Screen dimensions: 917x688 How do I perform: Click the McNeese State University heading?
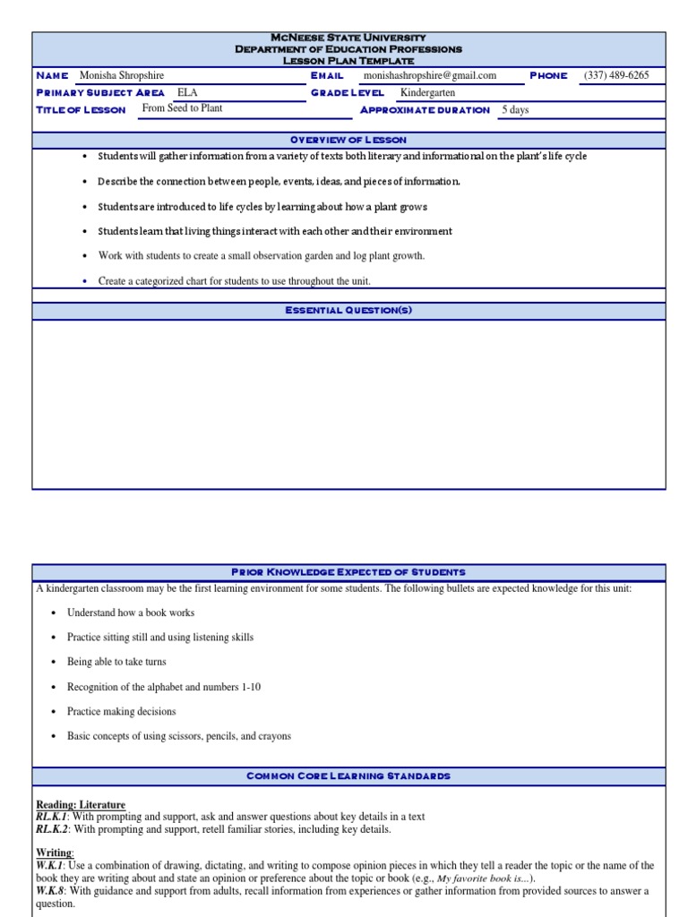pos(348,38)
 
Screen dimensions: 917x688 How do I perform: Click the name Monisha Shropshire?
pos(122,76)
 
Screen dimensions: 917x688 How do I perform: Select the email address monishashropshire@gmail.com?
pos(429,76)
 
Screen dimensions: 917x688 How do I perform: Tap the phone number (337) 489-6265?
pos(616,76)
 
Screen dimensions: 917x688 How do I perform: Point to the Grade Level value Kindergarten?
pos(428,92)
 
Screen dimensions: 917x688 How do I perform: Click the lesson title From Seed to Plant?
pos(182,108)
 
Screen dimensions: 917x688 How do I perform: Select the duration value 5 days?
pos(515,110)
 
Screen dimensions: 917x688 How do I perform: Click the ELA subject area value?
pos(187,92)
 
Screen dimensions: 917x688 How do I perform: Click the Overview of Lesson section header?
pos(348,140)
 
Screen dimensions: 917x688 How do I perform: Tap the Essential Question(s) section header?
pos(348,310)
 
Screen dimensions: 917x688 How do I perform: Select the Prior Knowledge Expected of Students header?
pos(348,572)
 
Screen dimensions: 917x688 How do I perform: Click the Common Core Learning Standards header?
pos(348,776)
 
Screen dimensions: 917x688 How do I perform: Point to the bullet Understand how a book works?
pos(131,613)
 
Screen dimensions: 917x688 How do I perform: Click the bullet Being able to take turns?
pos(116,663)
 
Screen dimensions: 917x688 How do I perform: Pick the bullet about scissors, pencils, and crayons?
pos(179,736)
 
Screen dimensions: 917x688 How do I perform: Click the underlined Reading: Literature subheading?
pos(81,805)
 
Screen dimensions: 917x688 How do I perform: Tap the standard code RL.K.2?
pos(52,829)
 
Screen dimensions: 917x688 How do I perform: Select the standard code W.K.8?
pos(51,891)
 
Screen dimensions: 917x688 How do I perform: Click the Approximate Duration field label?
pos(425,110)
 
